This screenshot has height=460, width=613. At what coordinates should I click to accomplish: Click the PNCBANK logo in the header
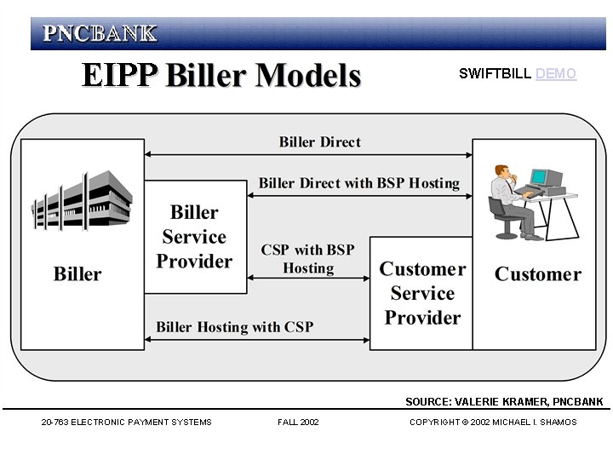(100, 33)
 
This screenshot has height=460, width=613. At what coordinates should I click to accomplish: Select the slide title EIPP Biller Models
(221, 75)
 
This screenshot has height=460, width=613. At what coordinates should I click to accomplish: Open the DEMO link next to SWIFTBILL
(556, 74)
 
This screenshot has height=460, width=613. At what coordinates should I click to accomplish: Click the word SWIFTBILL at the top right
(496, 74)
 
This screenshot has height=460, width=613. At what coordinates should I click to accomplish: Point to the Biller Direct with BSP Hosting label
(358, 183)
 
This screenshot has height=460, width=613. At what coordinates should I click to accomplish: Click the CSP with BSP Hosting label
(307, 259)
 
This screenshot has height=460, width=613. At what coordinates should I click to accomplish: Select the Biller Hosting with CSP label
(235, 327)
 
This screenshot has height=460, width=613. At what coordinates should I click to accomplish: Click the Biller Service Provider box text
(194, 237)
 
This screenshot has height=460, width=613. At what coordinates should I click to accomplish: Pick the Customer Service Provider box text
(422, 293)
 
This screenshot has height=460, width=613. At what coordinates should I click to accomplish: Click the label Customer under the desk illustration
(537, 274)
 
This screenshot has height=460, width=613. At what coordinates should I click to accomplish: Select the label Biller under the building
(77, 274)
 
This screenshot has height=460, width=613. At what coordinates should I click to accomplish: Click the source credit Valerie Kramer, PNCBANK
(504, 402)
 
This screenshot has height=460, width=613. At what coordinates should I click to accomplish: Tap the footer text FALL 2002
(298, 423)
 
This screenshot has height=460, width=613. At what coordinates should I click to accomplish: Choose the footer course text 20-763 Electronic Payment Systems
(126, 423)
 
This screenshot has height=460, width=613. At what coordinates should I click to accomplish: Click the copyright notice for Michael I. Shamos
(493, 423)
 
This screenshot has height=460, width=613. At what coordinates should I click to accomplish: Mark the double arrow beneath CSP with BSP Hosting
(307, 278)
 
